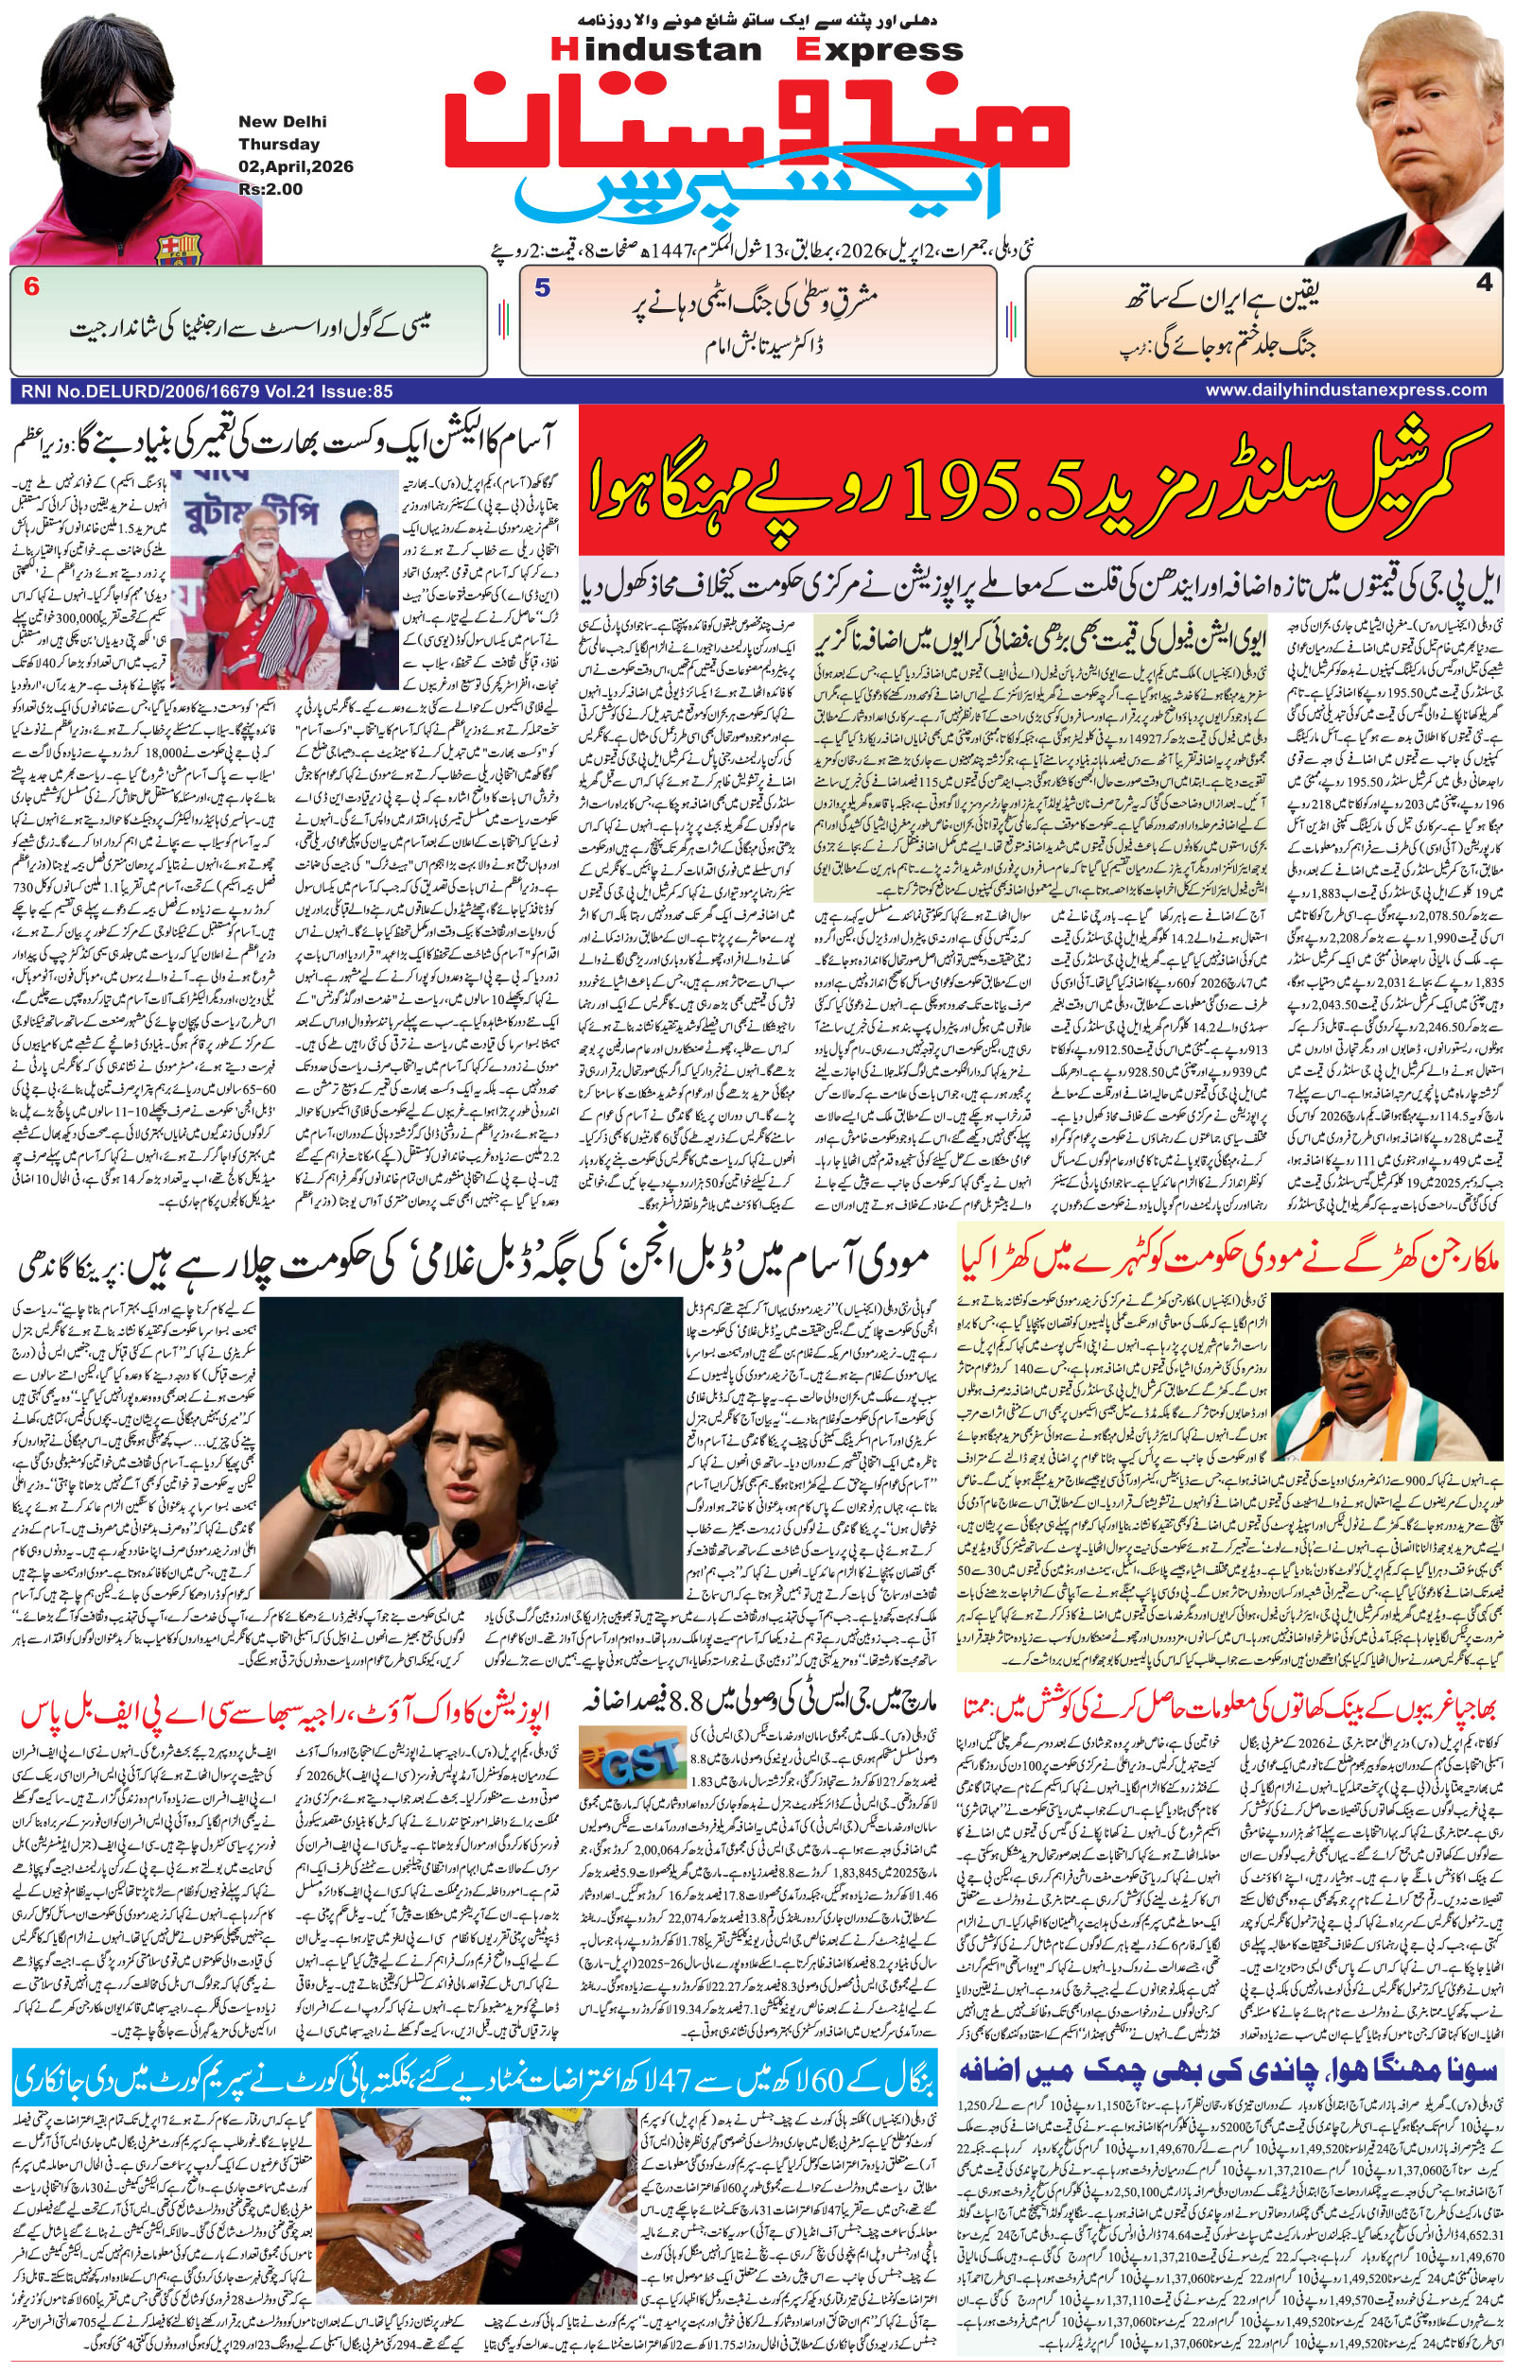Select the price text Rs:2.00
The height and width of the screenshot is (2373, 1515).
(x=270, y=188)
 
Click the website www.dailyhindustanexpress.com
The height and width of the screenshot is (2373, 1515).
(x=1346, y=391)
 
